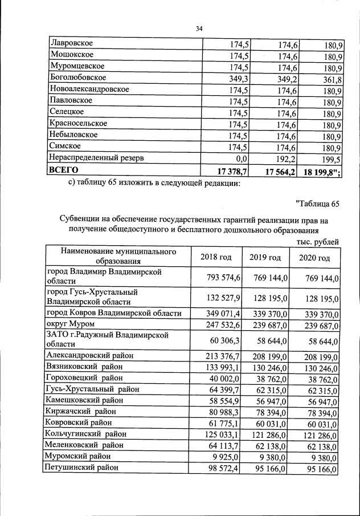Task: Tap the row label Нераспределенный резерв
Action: (x=101, y=157)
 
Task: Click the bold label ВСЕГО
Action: (x=64, y=169)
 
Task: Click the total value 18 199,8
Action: (x=318, y=173)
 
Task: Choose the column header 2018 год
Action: (x=216, y=257)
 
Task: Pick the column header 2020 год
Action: (x=314, y=258)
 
